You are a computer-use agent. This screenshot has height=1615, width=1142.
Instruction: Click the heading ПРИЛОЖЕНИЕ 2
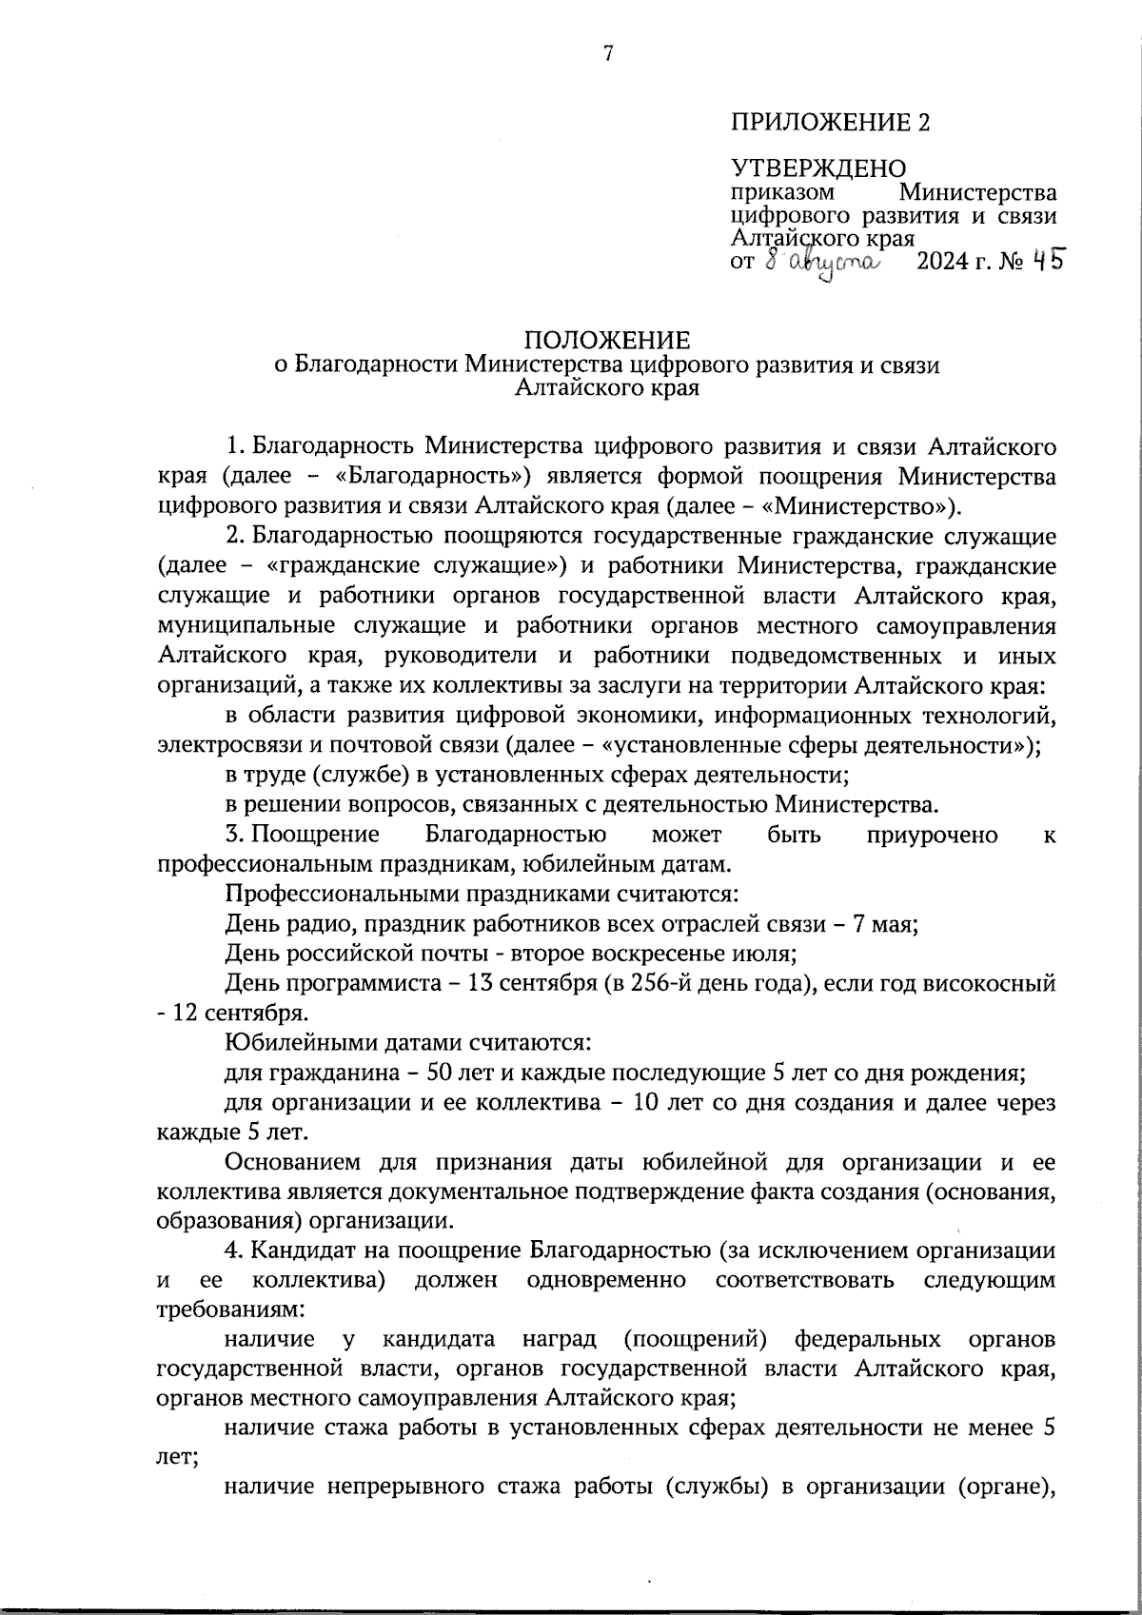pyautogui.click(x=829, y=123)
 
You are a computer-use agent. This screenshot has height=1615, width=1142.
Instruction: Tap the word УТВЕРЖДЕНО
pyautogui.click(x=817, y=169)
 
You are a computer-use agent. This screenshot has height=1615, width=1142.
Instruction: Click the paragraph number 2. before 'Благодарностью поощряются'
pyautogui.click(x=234, y=536)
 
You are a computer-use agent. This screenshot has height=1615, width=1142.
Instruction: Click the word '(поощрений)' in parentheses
pyautogui.click(x=696, y=1340)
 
